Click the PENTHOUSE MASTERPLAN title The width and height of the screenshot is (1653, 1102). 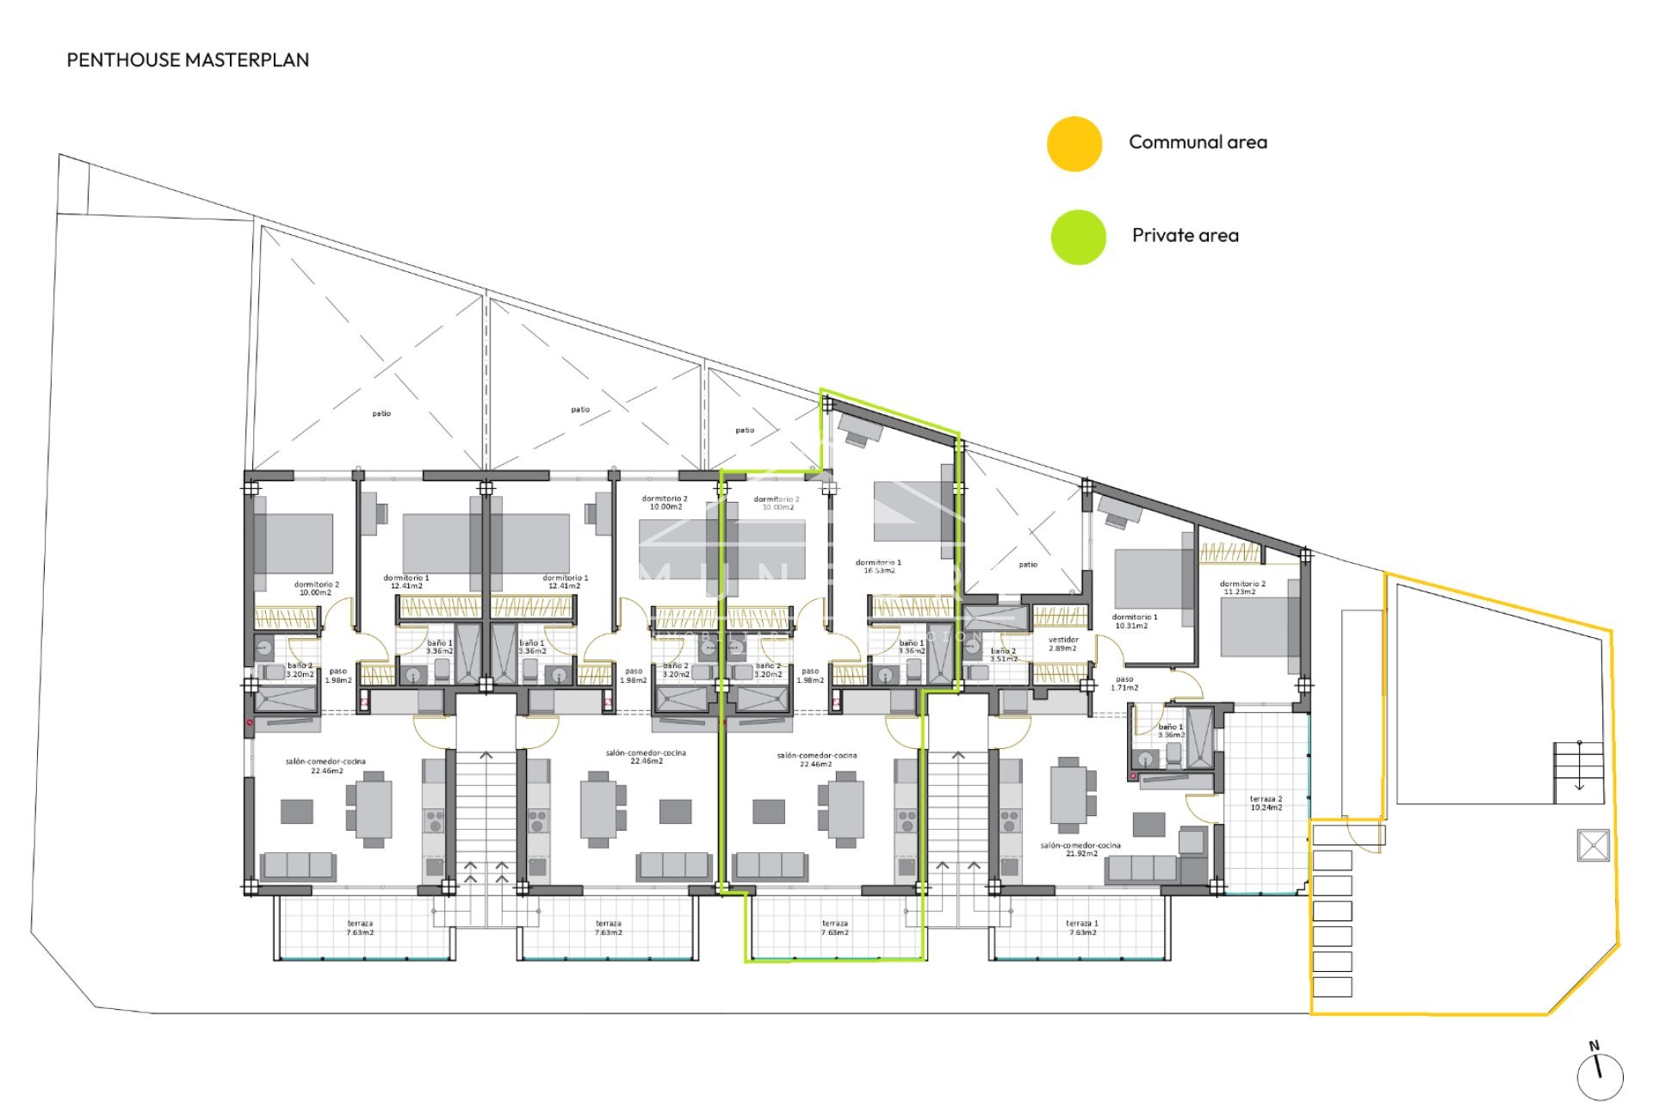click(188, 59)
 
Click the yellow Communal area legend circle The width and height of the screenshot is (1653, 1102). click(1074, 144)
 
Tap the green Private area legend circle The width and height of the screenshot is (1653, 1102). click(1078, 237)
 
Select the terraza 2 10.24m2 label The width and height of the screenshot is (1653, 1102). click(1266, 803)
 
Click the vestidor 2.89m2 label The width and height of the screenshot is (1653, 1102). click(1063, 644)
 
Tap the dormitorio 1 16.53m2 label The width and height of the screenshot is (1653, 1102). click(878, 566)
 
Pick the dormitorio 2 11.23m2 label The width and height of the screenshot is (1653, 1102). click(1242, 588)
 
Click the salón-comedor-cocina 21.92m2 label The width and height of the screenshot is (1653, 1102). click(1080, 849)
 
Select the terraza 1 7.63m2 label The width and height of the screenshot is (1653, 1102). click(1082, 927)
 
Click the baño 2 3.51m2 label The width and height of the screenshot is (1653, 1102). click(1003, 655)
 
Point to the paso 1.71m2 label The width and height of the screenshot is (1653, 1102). click(1124, 684)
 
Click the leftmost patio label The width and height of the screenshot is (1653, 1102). click(381, 413)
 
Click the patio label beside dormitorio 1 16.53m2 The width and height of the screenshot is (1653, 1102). click(1028, 565)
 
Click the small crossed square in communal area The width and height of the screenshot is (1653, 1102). click(1593, 845)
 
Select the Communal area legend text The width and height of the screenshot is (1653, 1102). click(1198, 142)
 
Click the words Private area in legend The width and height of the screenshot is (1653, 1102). click(1185, 235)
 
